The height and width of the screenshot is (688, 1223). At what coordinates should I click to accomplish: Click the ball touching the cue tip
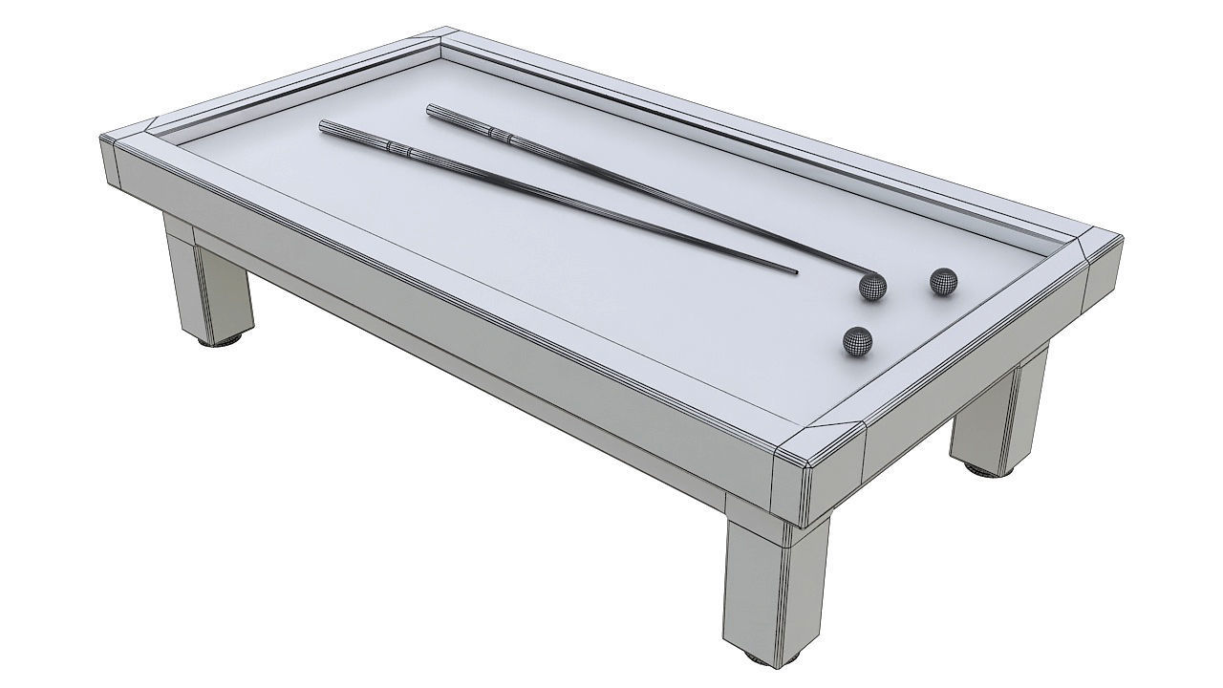click(x=871, y=287)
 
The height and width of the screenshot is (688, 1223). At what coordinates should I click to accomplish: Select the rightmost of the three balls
click(x=944, y=281)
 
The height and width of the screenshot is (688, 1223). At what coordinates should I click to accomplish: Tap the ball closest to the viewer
click(x=857, y=341)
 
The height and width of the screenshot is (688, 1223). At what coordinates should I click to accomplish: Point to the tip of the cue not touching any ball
click(x=796, y=271)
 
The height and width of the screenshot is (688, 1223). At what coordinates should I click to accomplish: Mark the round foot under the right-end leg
click(x=984, y=469)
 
